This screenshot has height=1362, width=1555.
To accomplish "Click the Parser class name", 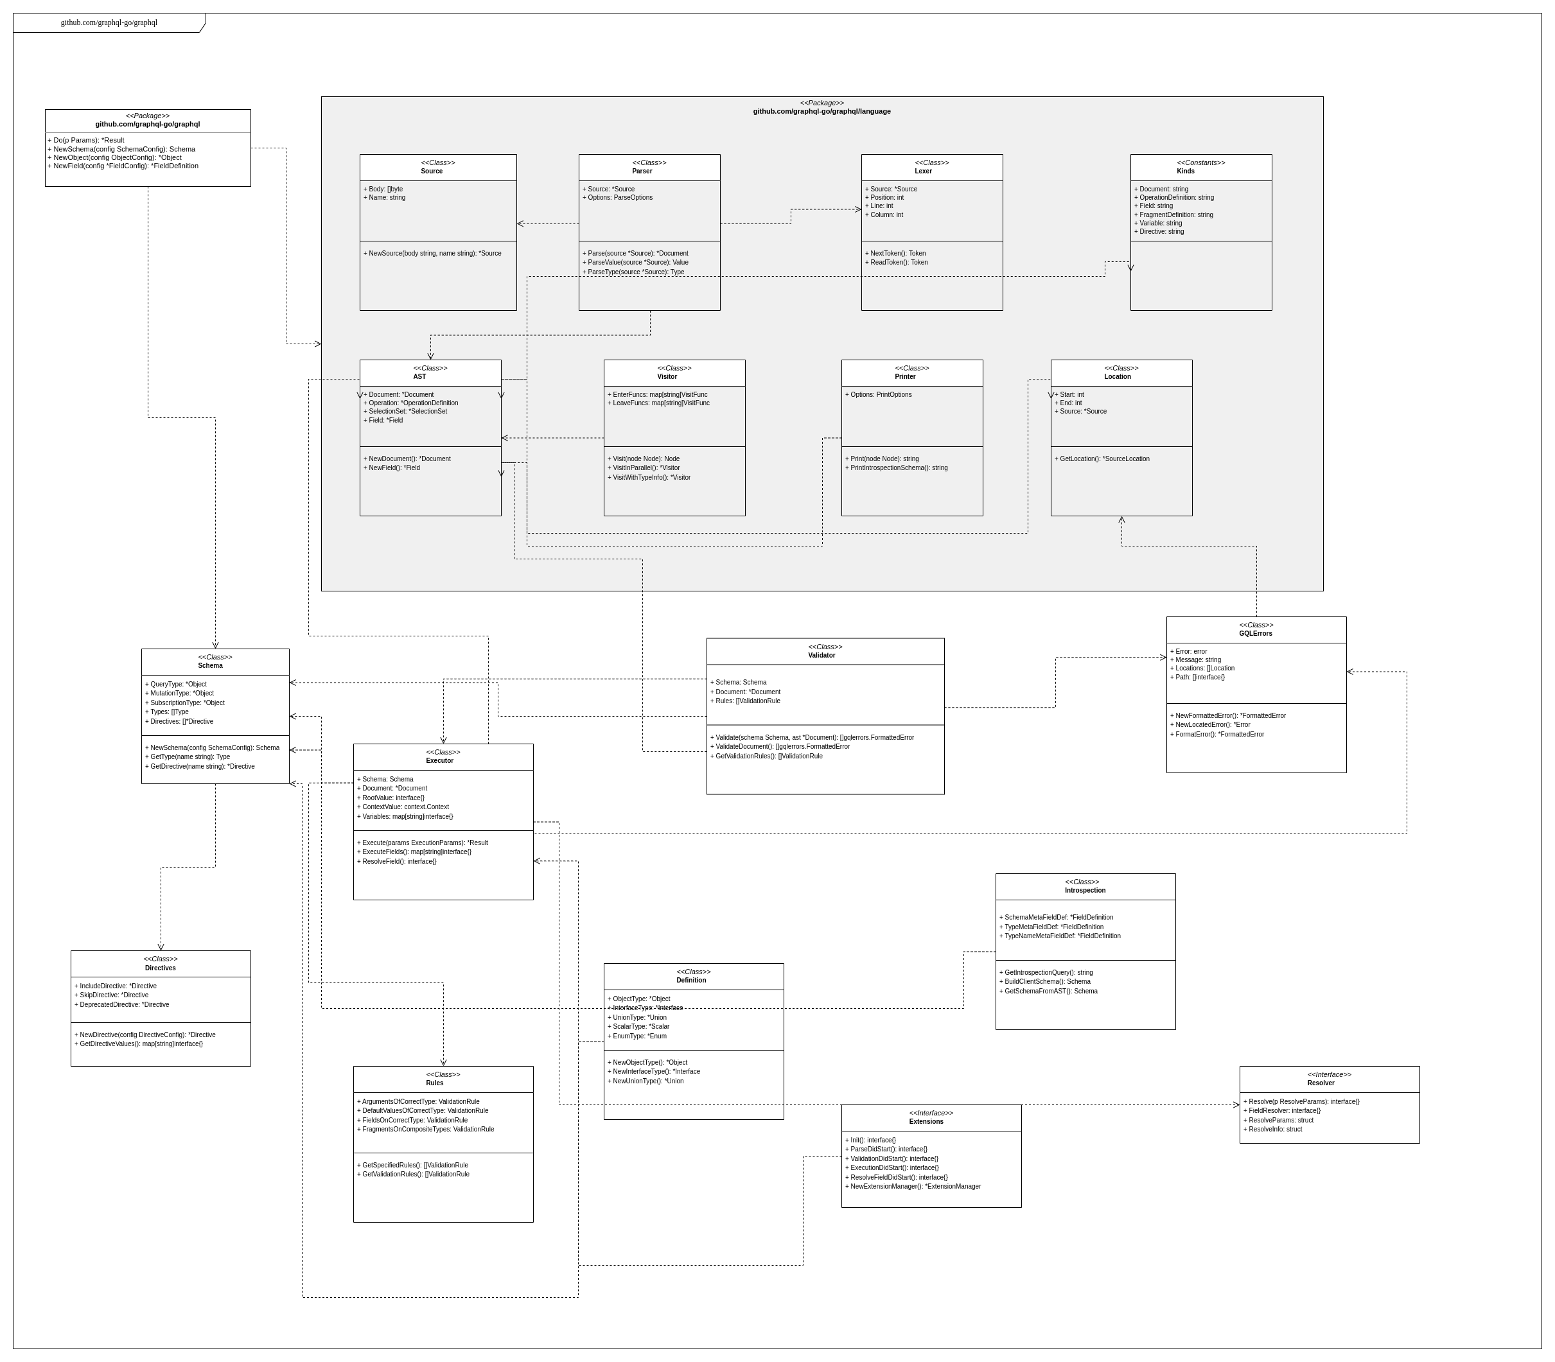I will pos(642,171).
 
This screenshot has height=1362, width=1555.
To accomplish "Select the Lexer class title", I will pos(923,171).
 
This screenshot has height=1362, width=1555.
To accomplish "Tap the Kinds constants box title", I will pos(1185,171).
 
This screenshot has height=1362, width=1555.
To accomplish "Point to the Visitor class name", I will pos(667,376).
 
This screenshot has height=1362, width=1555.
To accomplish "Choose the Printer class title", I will pos(904,376).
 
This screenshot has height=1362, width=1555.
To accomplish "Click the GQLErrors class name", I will pos(1255,633).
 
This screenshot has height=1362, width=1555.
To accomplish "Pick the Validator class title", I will pos(821,655).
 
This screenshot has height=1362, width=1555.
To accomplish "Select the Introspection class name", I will pos(1085,890).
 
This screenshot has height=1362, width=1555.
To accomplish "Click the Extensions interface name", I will pos(926,1121).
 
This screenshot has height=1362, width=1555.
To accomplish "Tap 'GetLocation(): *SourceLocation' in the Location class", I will pos(1103,458).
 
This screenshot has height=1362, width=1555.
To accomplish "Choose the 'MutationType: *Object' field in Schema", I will pos(180,693).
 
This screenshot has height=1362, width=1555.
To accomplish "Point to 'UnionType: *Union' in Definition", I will pos(638,1017).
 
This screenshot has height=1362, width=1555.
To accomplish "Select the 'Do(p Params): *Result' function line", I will pos(87,140).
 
